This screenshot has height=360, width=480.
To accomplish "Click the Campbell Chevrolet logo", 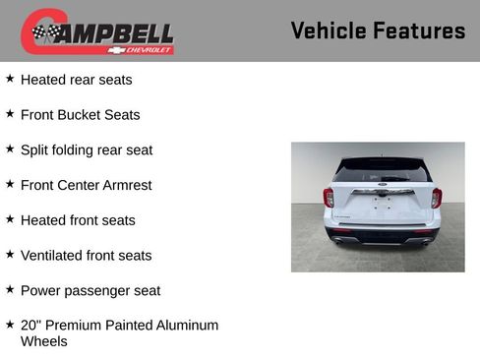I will pyautogui.click(x=97, y=31).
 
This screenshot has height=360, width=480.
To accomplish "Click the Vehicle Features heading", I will pyautogui.click(x=378, y=30).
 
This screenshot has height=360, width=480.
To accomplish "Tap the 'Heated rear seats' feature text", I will pyautogui.click(x=76, y=80).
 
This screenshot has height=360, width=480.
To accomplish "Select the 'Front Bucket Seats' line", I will pyautogui.click(x=80, y=115).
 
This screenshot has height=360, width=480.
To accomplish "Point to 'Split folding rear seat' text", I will pyautogui.click(x=87, y=150).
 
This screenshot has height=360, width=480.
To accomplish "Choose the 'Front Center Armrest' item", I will pyautogui.click(x=86, y=185).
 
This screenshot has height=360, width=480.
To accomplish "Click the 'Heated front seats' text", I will pyautogui.click(x=78, y=220).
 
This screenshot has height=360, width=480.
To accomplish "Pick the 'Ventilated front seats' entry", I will pyautogui.click(x=86, y=256).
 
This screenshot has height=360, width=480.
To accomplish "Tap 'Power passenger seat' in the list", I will pyautogui.click(x=90, y=291).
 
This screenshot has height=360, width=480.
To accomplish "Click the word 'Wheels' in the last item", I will pyautogui.click(x=44, y=341).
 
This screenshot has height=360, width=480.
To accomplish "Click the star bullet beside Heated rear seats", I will pyautogui.click(x=10, y=79).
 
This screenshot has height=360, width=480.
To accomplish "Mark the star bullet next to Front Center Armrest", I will pyautogui.click(x=10, y=184).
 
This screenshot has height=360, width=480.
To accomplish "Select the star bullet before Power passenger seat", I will pyautogui.click(x=10, y=290).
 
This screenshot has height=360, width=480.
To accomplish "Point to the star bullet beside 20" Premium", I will pyautogui.click(x=10, y=324).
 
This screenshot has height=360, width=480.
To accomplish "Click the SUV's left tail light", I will pyautogui.click(x=329, y=197).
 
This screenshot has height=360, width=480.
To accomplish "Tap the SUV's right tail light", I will pyautogui.click(x=436, y=197).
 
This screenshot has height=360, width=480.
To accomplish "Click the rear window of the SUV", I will pyautogui.click(x=382, y=170).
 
